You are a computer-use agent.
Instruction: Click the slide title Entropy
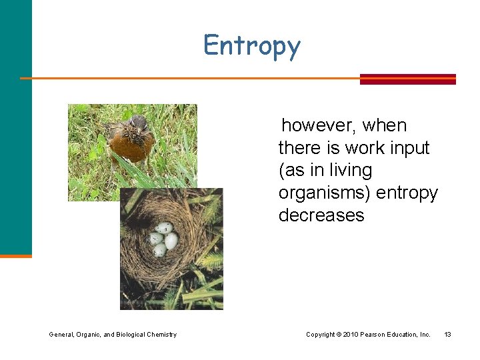[x=252, y=46]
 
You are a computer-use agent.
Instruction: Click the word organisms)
[x=325, y=193]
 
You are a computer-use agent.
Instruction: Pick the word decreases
[x=321, y=215]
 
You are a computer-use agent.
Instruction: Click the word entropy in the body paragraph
[x=407, y=193]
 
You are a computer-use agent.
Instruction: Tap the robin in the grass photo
[x=132, y=140]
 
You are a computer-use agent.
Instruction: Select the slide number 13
[x=447, y=334]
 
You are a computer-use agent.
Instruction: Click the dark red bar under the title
[x=407, y=79]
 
